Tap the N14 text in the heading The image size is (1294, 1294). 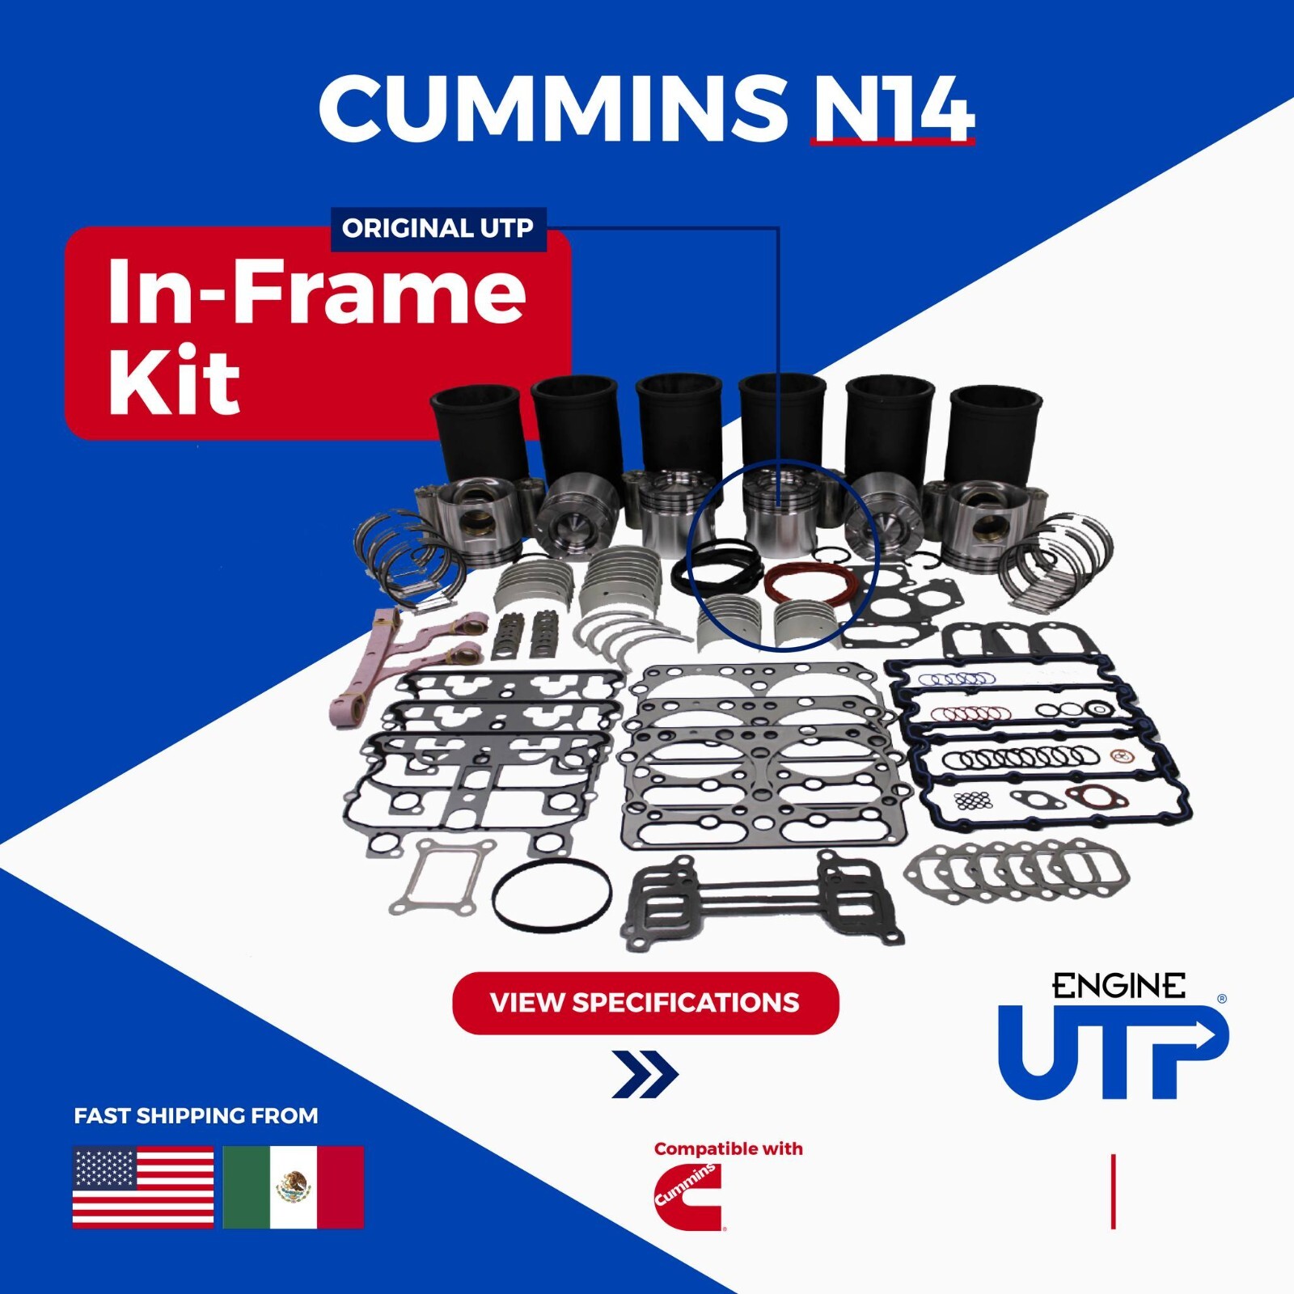tap(893, 109)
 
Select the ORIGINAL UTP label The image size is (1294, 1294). tap(438, 229)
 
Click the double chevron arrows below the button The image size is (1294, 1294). tap(645, 1074)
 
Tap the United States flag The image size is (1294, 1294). tap(143, 1186)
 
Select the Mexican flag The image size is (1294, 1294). tap(293, 1186)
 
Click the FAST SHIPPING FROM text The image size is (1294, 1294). tap(196, 1116)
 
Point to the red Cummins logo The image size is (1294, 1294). tap(687, 1197)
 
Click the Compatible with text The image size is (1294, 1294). tap(728, 1148)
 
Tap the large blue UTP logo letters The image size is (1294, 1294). tap(1112, 1051)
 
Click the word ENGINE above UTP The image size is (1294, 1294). tap(1118, 986)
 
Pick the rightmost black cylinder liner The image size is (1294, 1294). tap(993, 437)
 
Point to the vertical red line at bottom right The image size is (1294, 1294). tap(1114, 1191)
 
